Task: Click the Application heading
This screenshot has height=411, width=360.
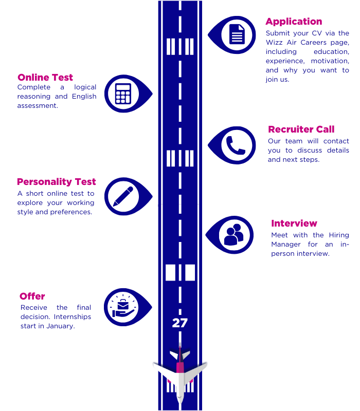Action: (294, 22)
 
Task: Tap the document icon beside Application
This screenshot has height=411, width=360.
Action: (237, 34)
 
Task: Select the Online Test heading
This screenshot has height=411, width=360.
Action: (45, 78)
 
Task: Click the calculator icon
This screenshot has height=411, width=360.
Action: (122, 94)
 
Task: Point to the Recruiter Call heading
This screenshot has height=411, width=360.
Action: (301, 129)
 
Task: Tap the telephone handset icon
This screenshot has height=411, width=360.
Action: (237, 145)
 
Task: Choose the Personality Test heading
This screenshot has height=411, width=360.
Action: (56, 182)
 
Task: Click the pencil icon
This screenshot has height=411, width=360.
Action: (122, 196)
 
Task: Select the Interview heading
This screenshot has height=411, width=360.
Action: (294, 223)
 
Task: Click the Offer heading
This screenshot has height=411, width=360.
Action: (32, 296)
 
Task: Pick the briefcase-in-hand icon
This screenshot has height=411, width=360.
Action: (122, 307)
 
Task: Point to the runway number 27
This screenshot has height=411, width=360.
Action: (179, 323)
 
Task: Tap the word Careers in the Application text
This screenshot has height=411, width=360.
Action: (311, 43)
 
